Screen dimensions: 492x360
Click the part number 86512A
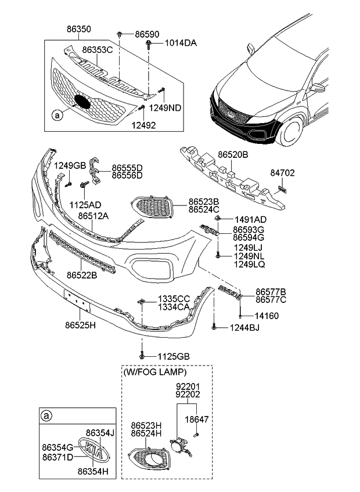(93, 215)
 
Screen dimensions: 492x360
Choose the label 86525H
(80, 325)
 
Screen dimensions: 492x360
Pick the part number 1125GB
(173, 356)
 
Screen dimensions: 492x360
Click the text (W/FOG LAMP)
(154, 371)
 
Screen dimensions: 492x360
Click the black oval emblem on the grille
(82, 102)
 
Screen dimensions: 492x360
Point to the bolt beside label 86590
(119, 35)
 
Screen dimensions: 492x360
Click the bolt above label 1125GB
(141, 354)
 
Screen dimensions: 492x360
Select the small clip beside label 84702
(282, 189)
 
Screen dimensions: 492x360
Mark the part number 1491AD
(250, 219)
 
